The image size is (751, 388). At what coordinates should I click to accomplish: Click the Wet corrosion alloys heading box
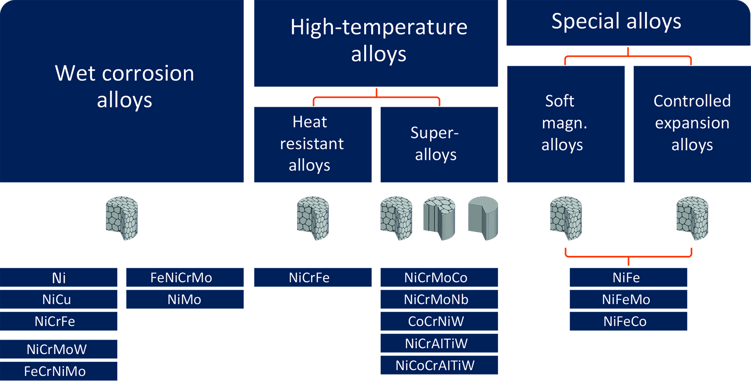click(x=122, y=91)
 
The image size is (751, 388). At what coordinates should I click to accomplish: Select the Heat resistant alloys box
click(x=313, y=145)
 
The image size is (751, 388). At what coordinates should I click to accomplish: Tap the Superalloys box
click(x=439, y=145)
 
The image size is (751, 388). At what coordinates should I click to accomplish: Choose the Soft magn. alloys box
click(x=566, y=124)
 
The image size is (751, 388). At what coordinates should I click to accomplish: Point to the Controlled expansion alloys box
click(x=692, y=124)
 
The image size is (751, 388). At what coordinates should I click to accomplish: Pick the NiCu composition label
click(x=59, y=299)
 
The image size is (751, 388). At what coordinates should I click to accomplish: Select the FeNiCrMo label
click(x=185, y=277)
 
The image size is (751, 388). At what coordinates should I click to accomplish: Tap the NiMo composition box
click(x=185, y=299)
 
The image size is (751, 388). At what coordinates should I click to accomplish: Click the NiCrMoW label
click(x=59, y=349)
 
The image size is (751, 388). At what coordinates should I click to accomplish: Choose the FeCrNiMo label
click(x=59, y=371)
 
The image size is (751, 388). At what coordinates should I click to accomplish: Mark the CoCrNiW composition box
click(x=439, y=321)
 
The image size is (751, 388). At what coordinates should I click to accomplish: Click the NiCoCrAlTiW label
click(x=439, y=365)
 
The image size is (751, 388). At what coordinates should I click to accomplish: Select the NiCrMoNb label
click(x=439, y=299)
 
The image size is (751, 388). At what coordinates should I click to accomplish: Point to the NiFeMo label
click(x=628, y=299)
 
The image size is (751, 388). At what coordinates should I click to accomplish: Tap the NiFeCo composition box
click(x=628, y=321)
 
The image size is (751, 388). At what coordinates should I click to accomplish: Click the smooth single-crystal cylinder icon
click(x=483, y=218)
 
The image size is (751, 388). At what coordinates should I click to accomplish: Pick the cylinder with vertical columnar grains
click(x=439, y=218)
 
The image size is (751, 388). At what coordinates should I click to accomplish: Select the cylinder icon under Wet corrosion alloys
click(x=122, y=218)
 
